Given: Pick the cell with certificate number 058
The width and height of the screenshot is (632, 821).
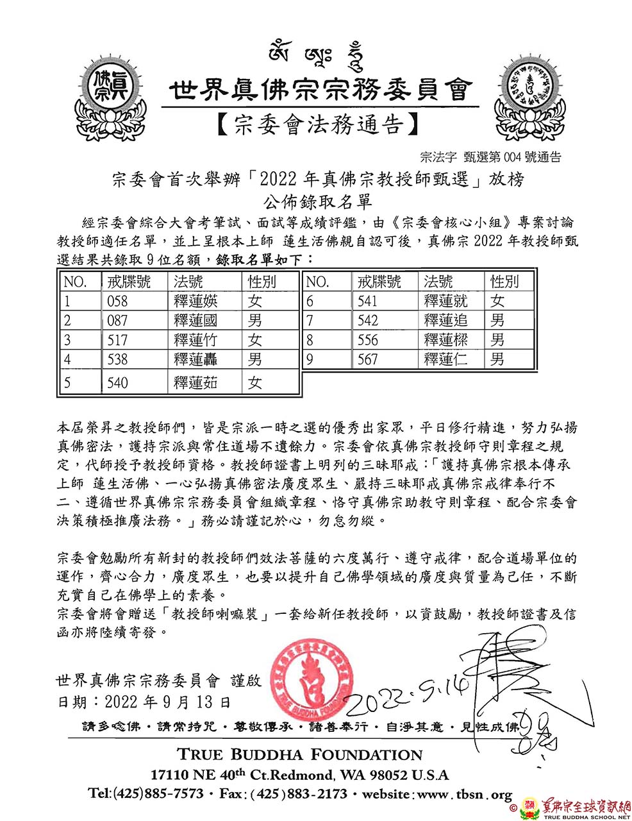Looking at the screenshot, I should click(117, 301).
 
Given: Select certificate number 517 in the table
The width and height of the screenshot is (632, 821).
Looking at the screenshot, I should click(117, 340).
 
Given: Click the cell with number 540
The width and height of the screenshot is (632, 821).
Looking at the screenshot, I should click(117, 383).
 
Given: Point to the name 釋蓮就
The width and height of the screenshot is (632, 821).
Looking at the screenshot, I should click(446, 301).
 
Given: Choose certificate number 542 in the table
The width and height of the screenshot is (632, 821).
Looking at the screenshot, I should click(368, 320).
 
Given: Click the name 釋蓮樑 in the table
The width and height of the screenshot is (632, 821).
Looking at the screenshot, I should click(446, 340).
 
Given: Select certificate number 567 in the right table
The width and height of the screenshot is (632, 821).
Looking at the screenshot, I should click(368, 359).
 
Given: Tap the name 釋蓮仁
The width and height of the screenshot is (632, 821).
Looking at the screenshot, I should click(446, 359).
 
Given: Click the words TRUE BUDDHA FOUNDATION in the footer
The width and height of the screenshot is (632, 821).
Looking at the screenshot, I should click(299, 754).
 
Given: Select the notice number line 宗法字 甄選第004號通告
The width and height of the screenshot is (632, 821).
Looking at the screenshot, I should click(490, 156).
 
